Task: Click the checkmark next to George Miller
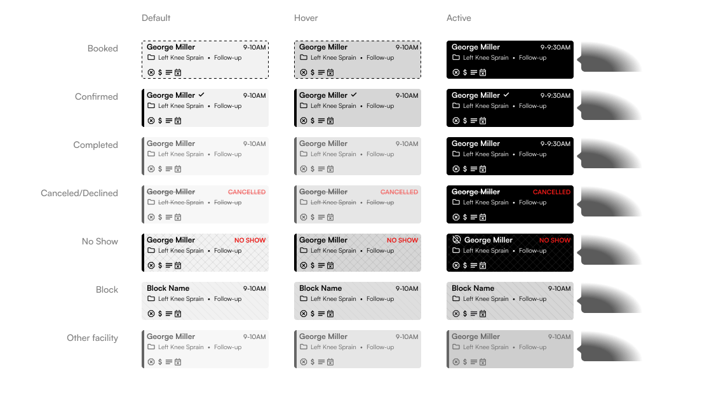[x=506, y=95]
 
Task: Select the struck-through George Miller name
[x=476, y=192]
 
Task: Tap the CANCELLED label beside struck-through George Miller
[x=551, y=192]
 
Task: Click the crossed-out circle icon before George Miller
[x=456, y=240]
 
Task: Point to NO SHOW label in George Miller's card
[x=555, y=240]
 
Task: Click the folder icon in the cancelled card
[x=456, y=202]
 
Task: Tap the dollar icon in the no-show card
[x=465, y=265]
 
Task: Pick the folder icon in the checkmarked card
[x=456, y=105]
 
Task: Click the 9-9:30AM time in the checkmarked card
[x=555, y=96]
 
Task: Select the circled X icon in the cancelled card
[x=456, y=217]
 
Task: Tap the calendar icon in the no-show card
[x=483, y=265]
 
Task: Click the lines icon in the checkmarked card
[x=474, y=121]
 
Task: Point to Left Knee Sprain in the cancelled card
[x=486, y=203]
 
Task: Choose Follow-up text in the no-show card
[x=532, y=251]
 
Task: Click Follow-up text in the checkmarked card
[x=532, y=106]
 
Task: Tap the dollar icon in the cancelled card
[x=465, y=217]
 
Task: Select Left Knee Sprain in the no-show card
[x=486, y=251]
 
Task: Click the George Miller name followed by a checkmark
[x=476, y=95]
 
